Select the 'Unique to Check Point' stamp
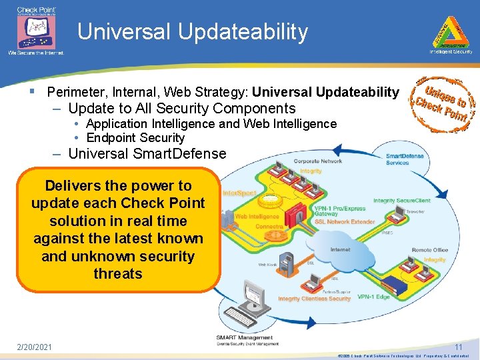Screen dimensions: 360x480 [x=441, y=103]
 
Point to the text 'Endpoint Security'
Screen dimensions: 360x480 [x=135, y=138]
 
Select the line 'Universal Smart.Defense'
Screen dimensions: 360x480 [x=147, y=154]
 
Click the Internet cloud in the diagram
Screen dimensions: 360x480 [x=339, y=251]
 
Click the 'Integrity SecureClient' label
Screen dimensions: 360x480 [x=401, y=200]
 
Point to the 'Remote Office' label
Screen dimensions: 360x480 [x=430, y=250]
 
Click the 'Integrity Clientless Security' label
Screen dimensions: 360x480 [x=314, y=299]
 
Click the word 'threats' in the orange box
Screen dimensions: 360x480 [x=118, y=273]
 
